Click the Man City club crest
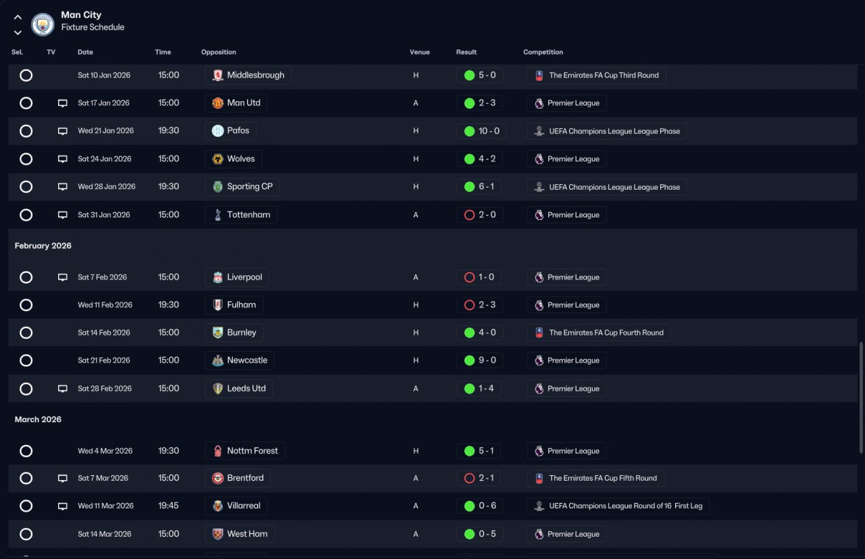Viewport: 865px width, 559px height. click(43, 24)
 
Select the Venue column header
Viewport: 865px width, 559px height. click(420, 52)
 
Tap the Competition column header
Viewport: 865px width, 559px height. click(543, 52)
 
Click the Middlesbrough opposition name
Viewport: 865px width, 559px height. click(255, 75)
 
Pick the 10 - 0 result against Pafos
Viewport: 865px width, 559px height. click(489, 131)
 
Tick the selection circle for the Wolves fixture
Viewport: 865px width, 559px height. click(26, 159)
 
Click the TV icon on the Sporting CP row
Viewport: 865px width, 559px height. click(63, 187)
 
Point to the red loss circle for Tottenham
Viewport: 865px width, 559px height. click(469, 215)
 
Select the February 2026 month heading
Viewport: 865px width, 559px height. click(43, 246)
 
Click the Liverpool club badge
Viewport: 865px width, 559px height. click(218, 277)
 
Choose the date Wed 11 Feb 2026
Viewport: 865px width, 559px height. click(105, 305)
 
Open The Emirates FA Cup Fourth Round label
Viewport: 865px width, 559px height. click(606, 333)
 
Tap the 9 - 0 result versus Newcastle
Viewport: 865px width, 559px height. click(487, 361)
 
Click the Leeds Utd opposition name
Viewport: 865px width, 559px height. click(247, 388)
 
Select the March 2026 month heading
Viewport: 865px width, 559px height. click(38, 419)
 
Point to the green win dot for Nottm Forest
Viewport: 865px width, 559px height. click(469, 451)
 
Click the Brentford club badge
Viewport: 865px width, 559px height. click(218, 479)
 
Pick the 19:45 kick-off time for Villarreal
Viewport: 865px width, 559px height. click(168, 506)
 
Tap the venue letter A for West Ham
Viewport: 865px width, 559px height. click(416, 534)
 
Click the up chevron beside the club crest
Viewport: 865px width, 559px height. click(18, 18)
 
